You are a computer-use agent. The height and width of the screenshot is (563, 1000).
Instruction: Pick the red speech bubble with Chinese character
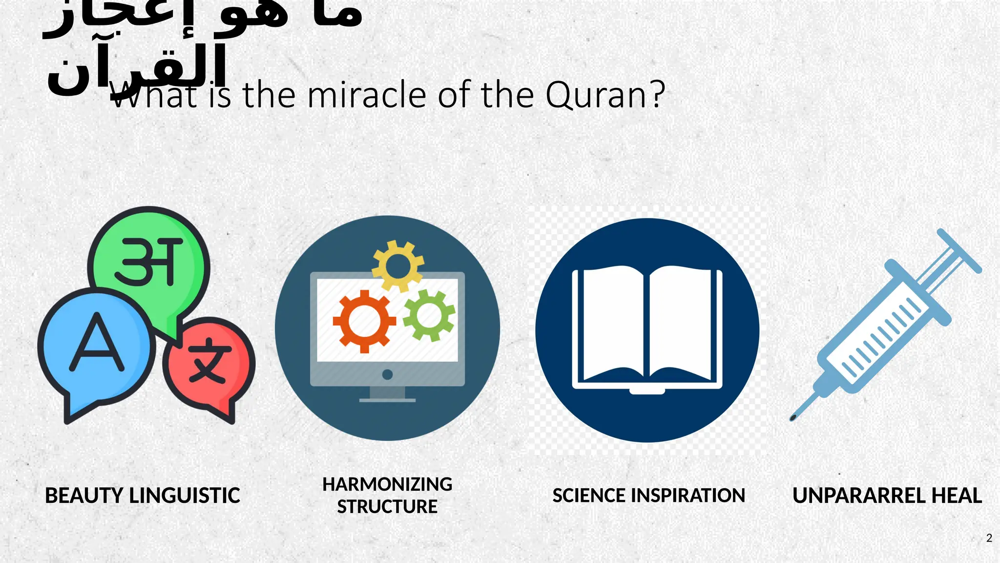(x=209, y=364)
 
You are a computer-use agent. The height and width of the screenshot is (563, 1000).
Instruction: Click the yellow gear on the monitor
(x=397, y=266)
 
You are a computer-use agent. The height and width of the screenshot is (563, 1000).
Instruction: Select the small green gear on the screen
(x=429, y=315)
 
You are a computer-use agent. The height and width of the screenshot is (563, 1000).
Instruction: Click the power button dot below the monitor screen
(x=387, y=375)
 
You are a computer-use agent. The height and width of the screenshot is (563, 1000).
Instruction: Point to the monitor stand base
(x=387, y=399)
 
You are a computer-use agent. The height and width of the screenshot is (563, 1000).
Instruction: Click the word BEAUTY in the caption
(x=83, y=496)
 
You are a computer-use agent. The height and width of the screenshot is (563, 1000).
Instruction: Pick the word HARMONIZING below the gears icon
(x=387, y=484)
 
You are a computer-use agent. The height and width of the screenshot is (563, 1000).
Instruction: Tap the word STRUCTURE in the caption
(x=387, y=507)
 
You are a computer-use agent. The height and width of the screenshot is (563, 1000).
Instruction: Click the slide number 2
(x=989, y=538)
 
